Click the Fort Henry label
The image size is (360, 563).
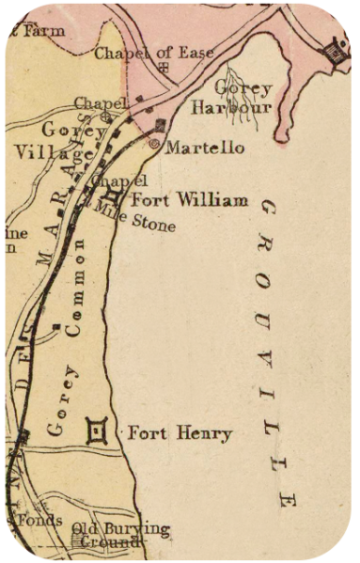pos(180,433)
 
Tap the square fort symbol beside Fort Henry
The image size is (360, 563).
pos(96,431)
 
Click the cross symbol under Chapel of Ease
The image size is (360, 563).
pos(165,69)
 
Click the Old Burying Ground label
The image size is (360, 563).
pos(120,535)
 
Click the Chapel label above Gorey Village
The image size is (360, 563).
pos(95,102)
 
